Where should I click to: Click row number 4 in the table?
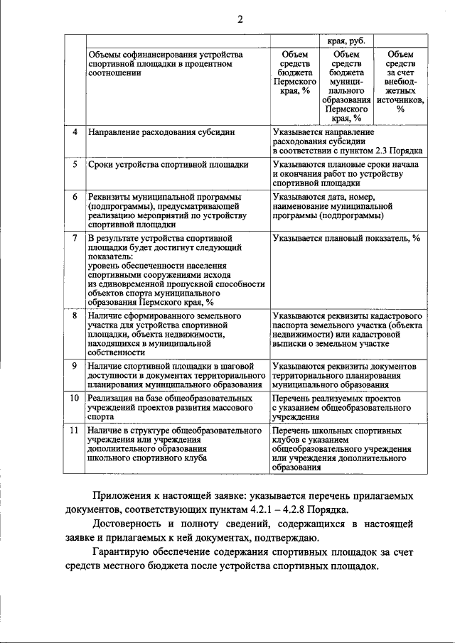pyautogui.click(x=75, y=132)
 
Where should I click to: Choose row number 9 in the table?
pyautogui.click(x=75, y=366)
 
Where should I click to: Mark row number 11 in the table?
pyautogui.click(x=74, y=431)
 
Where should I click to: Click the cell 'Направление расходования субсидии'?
pyautogui.click(x=161, y=132)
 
